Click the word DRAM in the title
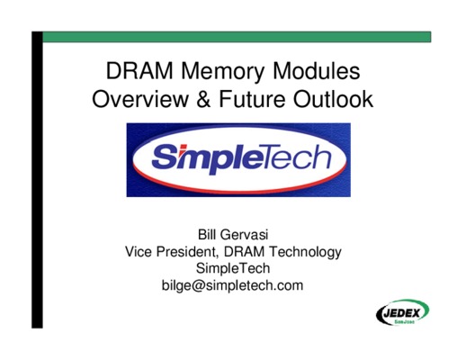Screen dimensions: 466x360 tap(139, 71)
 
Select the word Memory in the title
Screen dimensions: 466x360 tap(223, 73)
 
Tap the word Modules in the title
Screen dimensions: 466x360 tap(317, 71)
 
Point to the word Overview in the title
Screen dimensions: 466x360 tap(140, 99)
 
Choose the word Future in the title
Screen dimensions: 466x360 tap(252, 99)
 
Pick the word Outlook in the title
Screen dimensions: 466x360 tap(333, 98)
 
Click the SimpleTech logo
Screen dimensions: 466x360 tap(238, 160)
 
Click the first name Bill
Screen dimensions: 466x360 tap(207, 235)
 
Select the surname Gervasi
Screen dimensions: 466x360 tap(244, 235)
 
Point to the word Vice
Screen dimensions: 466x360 tap(139, 251)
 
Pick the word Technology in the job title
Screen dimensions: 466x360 tap(305, 253)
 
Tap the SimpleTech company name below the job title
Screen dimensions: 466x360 tap(233, 268)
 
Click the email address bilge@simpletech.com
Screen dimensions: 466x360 tap(233, 285)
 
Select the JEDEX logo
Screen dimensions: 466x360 tap(403, 312)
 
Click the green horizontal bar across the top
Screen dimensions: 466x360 tap(237, 37)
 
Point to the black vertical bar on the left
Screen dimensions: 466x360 tap(37, 180)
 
